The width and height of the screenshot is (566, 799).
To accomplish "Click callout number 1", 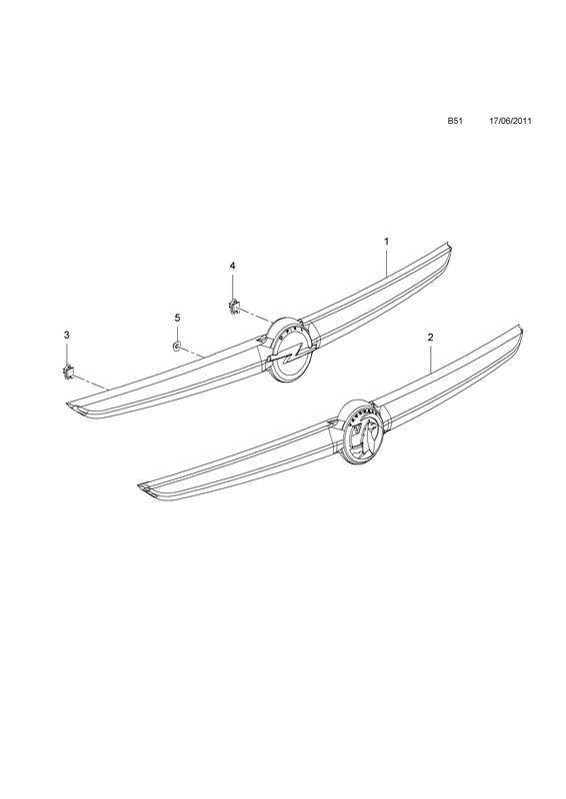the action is click(386, 241).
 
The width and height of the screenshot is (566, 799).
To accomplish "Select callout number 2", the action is click(430, 337).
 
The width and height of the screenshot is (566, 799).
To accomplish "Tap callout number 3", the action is click(66, 335).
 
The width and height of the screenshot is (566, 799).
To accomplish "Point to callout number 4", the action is click(233, 266).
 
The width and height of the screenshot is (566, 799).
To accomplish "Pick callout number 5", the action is click(177, 318).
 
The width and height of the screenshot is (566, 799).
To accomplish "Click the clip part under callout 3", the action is click(67, 373).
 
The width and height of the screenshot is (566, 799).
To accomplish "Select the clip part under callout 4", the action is click(233, 307).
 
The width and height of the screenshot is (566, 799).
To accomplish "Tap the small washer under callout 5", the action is click(176, 347).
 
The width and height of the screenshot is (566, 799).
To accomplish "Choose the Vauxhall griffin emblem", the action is click(361, 432).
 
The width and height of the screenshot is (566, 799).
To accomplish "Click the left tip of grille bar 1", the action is click(67, 404).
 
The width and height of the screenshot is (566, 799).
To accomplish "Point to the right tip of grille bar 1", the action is click(451, 248).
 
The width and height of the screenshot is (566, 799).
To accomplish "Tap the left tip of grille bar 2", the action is click(138, 486).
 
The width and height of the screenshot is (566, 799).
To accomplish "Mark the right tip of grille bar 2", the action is click(522, 329).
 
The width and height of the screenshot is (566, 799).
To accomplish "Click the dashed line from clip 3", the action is click(90, 383).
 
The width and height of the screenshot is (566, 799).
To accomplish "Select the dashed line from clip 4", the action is click(255, 315).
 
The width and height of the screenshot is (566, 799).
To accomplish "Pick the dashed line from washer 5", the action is click(192, 352).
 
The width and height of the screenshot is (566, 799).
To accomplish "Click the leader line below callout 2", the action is click(431, 359).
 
